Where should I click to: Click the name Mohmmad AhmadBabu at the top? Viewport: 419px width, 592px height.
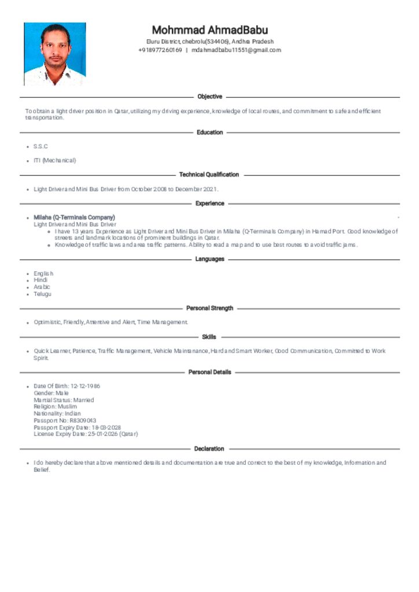209,29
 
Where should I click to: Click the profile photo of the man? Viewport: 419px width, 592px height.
55,54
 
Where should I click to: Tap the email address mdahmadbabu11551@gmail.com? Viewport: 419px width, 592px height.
236,50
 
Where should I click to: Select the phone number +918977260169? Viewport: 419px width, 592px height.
160,50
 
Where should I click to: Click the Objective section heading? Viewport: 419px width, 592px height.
209,97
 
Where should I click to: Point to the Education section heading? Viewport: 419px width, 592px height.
209,132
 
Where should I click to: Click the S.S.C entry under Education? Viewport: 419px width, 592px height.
41,146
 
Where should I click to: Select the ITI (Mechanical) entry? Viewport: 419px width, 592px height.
55,160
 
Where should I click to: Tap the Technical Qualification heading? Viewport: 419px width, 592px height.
209,175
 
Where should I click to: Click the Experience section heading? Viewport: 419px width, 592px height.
209,203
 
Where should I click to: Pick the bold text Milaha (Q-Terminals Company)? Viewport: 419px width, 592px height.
74,217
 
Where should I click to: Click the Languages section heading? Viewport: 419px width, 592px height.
209,259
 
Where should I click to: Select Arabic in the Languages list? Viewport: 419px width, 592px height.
42,287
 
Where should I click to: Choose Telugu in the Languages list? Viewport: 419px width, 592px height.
42,294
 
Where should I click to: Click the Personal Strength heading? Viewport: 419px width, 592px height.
209,308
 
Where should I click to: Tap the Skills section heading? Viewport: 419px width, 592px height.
209,337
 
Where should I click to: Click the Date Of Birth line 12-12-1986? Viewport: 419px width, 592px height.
67,386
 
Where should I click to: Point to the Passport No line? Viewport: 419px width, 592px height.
65,420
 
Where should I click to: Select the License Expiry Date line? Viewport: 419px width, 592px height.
86,434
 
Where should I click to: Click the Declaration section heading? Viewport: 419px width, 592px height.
209,449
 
